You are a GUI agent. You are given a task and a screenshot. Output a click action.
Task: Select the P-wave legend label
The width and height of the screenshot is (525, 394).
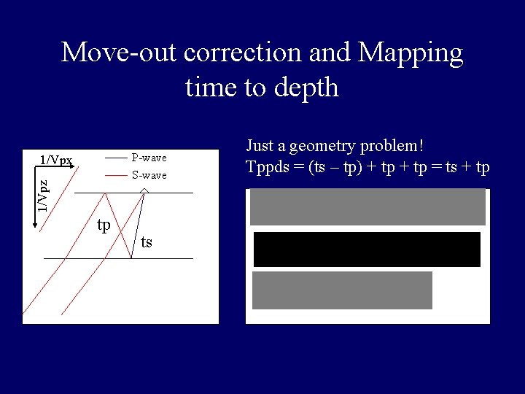[x=149, y=158]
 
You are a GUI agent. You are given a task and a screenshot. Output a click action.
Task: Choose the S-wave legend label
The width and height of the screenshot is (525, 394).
[x=149, y=175]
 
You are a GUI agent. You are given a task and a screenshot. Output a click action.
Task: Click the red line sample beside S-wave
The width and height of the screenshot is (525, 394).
[x=115, y=176]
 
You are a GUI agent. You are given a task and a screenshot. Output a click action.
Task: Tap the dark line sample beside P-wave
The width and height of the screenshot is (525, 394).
[x=115, y=158]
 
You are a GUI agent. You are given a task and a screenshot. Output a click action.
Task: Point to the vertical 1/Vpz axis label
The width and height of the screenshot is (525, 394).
[x=44, y=196]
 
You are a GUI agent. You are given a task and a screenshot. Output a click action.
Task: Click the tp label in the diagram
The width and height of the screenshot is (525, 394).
[x=104, y=225]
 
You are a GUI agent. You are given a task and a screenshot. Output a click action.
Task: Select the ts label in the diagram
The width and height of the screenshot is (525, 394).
[x=147, y=241]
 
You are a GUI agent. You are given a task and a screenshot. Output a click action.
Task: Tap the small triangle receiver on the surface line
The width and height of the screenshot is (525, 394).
[x=144, y=190]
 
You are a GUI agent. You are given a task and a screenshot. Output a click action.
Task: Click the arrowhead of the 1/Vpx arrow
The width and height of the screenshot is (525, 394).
[x=74, y=167]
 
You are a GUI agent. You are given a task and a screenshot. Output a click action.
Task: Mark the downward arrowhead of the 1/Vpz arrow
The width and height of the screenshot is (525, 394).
[x=35, y=226]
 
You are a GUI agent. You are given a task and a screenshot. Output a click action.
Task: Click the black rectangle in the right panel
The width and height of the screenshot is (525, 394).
[x=367, y=249]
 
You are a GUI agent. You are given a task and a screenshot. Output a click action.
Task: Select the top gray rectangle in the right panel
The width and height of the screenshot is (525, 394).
[x=367, y=206]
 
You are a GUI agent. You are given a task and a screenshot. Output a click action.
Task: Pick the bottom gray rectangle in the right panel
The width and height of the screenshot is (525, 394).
[x=342, y=290]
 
